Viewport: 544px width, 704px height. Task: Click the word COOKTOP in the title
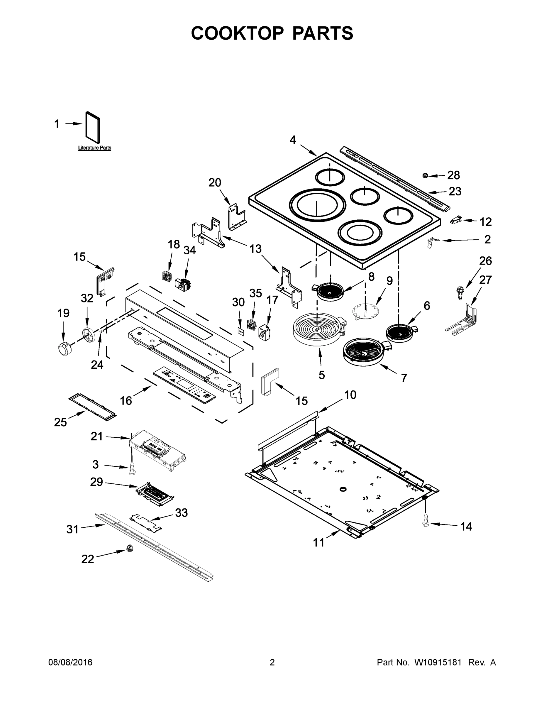[238, 33]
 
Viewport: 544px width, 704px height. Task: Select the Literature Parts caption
[94, 148]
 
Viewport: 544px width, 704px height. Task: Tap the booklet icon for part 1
[93, 127]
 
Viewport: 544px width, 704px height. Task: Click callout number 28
[453, 175]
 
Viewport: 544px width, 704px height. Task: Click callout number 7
[404, 378]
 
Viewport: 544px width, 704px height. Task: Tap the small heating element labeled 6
[400, 333]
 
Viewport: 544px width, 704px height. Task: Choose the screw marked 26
[459, 293]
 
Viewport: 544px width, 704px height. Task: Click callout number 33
[181, 513]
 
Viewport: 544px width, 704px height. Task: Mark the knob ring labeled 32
[88, 333]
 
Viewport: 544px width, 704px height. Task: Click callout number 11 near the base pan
[319, 543]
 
